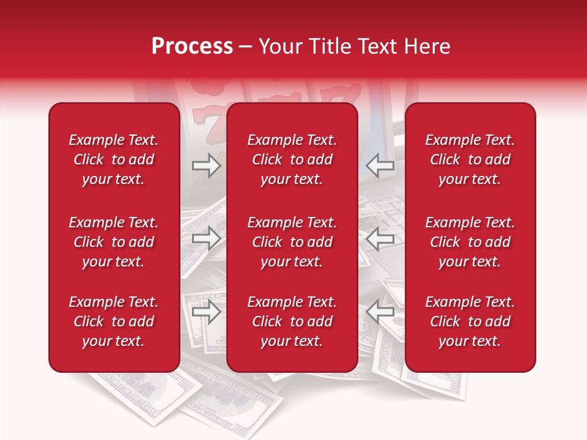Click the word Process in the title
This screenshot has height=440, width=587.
(192, 46)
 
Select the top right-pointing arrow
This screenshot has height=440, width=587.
(207, 166)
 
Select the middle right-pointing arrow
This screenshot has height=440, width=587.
(207, 238)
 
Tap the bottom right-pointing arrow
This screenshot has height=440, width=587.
(207, 312)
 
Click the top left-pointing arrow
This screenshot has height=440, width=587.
(380, 166)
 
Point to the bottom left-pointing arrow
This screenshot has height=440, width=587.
(380, 312)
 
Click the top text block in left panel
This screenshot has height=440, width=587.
(114, 159)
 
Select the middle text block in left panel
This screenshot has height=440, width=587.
(114, 242)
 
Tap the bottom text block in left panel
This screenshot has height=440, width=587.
(114, 321)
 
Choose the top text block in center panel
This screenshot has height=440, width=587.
(292, 159)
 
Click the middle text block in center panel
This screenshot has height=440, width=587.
(292, 242)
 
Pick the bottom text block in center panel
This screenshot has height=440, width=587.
(292, 321)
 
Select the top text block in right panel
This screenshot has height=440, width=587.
(470, 159)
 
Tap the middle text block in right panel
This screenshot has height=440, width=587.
(470, 242)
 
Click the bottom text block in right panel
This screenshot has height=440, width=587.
(470, 321)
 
